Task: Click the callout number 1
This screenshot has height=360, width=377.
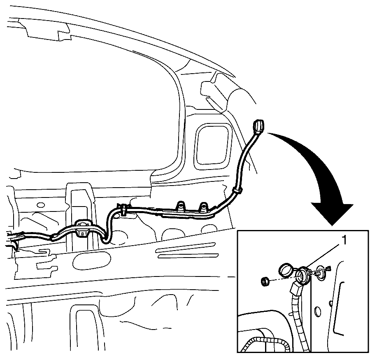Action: click(344, 240)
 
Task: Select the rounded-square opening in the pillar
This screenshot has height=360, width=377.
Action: click(212, 147)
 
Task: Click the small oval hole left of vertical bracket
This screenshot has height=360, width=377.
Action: click(41, 205)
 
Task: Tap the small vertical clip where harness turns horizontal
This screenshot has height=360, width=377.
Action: click(123, 209)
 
